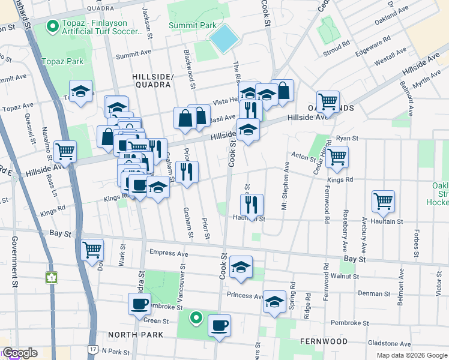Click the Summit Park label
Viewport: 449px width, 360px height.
(191, 26)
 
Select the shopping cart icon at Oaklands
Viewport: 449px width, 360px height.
(328, 102)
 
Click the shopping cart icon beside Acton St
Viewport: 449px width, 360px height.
(337, 157)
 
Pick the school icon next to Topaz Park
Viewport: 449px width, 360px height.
(80, 92)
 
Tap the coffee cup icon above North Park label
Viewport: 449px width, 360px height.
(139, 304)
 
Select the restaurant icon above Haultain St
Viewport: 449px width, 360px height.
(252, 205)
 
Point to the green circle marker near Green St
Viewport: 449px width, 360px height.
(195, 317)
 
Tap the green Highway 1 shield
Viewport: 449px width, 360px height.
(52, 278)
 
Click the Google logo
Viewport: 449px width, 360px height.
(19, 353)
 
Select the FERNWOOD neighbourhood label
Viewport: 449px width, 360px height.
(324, 341)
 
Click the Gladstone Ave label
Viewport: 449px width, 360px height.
(390, 344)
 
